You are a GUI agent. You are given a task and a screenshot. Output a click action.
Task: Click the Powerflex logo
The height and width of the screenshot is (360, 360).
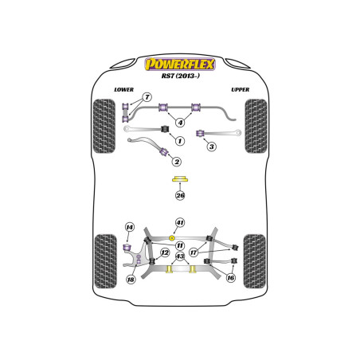point(180,65)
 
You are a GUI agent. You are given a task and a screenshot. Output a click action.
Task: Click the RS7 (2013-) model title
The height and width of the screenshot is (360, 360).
point(181,76)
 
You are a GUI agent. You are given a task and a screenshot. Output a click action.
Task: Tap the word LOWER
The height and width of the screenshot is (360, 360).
point(123,90)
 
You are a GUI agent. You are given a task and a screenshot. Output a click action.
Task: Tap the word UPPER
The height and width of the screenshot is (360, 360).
point(241,90)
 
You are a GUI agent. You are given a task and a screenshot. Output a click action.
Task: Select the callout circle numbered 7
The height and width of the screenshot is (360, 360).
point(147,97)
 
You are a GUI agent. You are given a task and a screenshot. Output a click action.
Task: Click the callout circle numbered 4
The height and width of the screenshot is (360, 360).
point(180,123)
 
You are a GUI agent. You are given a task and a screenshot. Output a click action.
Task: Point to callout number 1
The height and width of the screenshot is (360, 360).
point(180,141)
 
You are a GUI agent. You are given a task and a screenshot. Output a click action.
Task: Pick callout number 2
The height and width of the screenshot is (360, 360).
point(177,162)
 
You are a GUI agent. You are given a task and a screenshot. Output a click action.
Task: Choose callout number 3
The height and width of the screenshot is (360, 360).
point(212,147)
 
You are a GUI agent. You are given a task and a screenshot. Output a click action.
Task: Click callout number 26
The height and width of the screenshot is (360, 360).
point(180,195)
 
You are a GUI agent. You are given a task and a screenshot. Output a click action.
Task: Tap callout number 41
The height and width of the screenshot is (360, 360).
point(180,222)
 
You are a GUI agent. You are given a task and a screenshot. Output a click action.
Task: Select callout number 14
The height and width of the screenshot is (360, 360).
point(130,227)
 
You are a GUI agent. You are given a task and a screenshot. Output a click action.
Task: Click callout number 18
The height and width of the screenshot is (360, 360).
point(131,280)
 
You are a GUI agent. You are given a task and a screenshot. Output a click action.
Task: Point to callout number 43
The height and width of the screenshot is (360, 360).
point(180,256)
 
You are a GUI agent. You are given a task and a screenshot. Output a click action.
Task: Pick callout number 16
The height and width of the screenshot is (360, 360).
point(230,278)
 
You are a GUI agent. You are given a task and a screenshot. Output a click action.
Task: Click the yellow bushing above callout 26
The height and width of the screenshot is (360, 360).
point(180,179)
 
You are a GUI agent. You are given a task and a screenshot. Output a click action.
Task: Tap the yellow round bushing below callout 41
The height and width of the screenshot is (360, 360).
point(172,237)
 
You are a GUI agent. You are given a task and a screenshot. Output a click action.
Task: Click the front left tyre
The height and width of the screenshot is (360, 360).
point(104,126)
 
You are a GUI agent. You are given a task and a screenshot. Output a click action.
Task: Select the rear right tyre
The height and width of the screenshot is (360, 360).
point(255,261)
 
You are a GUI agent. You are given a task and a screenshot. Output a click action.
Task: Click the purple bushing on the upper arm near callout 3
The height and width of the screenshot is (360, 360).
point(200,133)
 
